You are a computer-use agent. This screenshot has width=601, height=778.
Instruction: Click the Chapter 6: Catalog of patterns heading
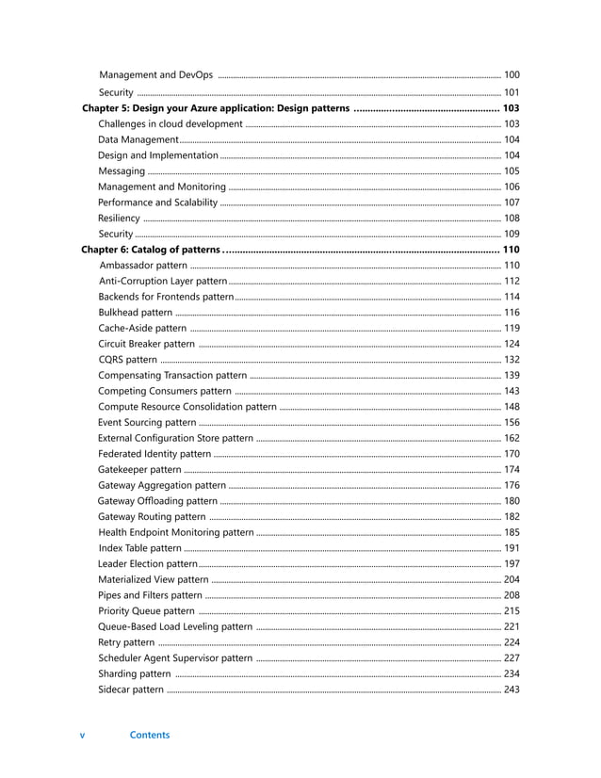[x=151, y=250]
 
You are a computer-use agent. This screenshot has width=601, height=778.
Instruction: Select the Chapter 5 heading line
[x=216, y=108]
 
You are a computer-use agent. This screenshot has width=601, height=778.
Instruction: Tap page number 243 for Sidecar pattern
[x=512, y=689]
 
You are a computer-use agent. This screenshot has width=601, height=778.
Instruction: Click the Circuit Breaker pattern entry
[x=146, y=344]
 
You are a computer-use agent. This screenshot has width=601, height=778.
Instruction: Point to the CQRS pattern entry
[x=127, y=360]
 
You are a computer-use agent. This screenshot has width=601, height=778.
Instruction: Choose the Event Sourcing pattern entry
[x=147, y=422]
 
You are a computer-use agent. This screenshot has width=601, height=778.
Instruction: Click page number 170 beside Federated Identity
[x=512, y=454]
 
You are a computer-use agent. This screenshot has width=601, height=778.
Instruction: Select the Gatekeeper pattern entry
[x=139, y=469]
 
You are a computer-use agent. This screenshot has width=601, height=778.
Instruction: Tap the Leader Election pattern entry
[x=147, y=563]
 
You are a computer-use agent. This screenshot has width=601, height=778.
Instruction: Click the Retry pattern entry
[x=126, y=642]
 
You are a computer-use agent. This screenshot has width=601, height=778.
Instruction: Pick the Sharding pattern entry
[x=134, y=673]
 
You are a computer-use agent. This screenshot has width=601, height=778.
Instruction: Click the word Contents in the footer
[x=150, y=736]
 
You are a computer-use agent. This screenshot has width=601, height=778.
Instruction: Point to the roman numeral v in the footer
[x=82, y=736]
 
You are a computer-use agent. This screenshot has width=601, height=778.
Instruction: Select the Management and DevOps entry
[x=155, y=74]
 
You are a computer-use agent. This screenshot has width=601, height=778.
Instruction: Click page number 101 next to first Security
[x=512, y=92]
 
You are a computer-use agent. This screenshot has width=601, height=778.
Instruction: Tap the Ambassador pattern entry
[x=142, y=266]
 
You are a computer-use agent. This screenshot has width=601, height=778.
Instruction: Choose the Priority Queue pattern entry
[x=146, y=610]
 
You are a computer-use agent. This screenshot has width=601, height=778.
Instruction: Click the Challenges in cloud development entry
[x=170, y=124]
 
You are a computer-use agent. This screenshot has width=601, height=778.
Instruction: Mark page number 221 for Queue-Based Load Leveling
[x=512, y=626]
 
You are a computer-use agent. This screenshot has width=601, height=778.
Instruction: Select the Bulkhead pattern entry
[x=135, y=313]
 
